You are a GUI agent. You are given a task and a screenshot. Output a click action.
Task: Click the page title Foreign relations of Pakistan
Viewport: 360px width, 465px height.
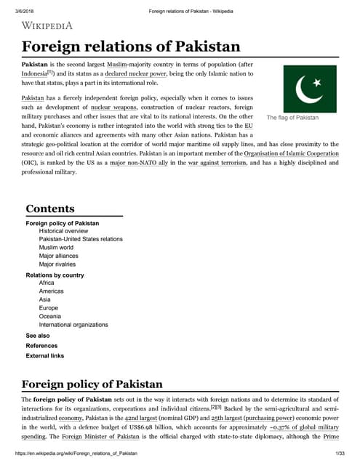[131, 47]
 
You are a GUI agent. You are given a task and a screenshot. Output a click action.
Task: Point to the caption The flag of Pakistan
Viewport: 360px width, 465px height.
[292, 118]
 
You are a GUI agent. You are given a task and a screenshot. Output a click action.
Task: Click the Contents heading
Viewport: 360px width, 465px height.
[50, 209]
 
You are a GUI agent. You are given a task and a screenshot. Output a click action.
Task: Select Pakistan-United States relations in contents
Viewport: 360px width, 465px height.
[81, 239]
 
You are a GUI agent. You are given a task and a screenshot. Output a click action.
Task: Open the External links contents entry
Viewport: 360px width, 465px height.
[45, 356]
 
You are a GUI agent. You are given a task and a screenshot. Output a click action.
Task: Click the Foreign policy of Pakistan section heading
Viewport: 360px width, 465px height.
[92, 384]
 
